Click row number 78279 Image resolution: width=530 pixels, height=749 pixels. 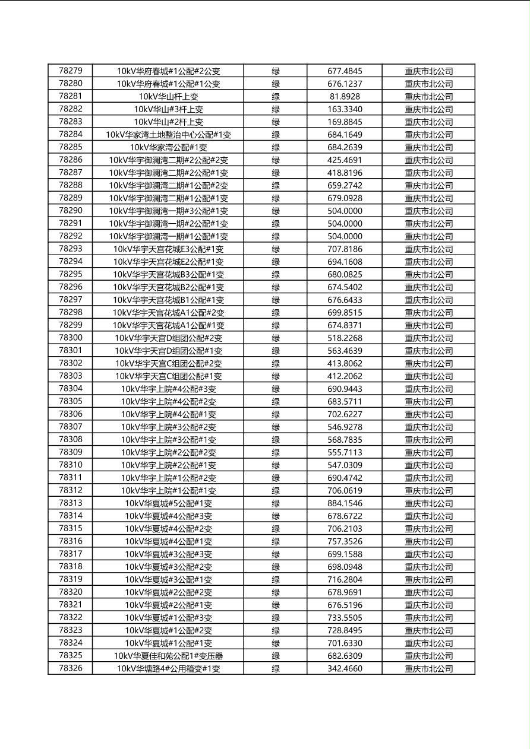pyautogui.click(x=71, y=71)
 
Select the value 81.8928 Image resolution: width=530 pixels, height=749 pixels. pyautogui.click(x=345, y=97)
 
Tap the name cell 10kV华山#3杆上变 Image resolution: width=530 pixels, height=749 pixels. pyautogui.click(x=168, y=109)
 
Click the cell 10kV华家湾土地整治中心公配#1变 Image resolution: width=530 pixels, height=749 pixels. pyautogui.click(x=168, y=135)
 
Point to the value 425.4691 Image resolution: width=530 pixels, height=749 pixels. pyautogui.click(x=345, y=160)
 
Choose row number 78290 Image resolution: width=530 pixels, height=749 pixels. pyautogui.click(x=71, y=211)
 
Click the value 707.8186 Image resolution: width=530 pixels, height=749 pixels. pyautogui.click(x=345, y=249)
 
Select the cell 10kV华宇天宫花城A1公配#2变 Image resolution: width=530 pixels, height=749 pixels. pyautogui.click(x=168, y=313)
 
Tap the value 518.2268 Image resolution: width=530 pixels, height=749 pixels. pyautogui.click(x=345, y=338)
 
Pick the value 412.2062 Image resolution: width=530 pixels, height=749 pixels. pyautogui.click(x=345, y=376)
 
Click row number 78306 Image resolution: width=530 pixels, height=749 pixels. pyautogui.click(x=71, y=414)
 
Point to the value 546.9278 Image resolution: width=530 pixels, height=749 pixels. pyautogui.click(x=345, y=427)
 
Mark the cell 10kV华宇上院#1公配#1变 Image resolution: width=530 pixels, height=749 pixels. pyautogui.click(x=168, y=491)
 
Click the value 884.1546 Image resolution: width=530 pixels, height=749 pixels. pyautogui.click(x=345, y=503)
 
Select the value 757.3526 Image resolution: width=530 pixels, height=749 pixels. pyautogui.click(x=345, y=541)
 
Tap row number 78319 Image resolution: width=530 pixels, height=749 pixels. pyautogui.click(x=71, y=579)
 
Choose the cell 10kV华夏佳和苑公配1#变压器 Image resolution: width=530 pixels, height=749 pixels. pyautogui.click(x=168, y=656)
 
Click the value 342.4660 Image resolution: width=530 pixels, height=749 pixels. pyautogui.click(x=345, y=669)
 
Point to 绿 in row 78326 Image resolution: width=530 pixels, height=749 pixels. pyautogui.click(x=276, y=669)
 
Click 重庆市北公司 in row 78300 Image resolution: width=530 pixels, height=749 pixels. pyautogui.click(x=428, y=338)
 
